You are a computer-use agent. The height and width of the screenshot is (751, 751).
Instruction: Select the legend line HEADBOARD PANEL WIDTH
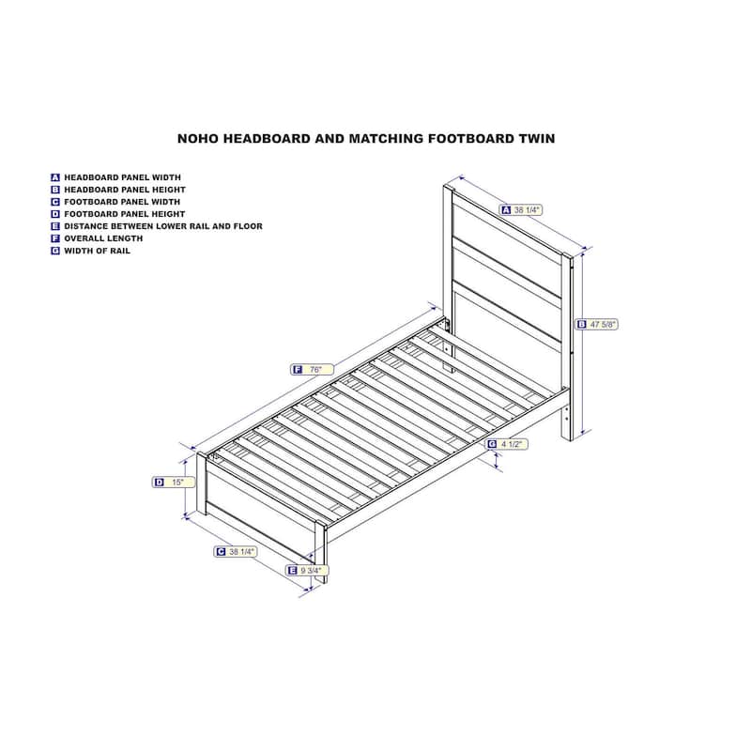[x=123, y=177]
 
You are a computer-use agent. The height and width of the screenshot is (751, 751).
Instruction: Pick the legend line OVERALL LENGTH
[x=103, y=238]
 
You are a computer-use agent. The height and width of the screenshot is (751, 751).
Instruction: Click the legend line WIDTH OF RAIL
[x=98, y=251]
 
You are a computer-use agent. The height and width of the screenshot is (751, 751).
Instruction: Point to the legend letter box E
[x=55, y=226]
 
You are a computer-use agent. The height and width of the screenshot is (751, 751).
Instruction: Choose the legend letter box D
[x=55, y=214]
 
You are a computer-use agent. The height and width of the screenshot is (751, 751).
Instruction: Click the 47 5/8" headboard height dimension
[x=597, y=324]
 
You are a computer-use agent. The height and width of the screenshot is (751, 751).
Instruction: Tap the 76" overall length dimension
[x=312, y=369]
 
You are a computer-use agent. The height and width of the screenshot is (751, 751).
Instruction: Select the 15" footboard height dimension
[x=174, y=483]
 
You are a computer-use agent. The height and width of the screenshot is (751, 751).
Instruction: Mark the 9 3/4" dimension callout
[x=307, y=571]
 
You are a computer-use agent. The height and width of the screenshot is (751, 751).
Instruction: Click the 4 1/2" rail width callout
[x=507, y=444]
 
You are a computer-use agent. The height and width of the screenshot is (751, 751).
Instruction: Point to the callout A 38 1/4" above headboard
[x=521, y=209]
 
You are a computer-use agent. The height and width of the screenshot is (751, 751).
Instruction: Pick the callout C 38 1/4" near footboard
[x=236, y=552]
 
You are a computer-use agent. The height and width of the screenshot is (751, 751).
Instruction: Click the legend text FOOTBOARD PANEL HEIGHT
[x=125, y=214]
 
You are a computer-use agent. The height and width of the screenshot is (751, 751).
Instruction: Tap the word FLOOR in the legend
[x=248, y=226]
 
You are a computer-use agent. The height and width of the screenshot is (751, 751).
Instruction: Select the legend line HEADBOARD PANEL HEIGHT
[x=125, y=190]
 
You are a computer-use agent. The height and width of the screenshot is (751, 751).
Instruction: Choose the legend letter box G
[x=55, y=251]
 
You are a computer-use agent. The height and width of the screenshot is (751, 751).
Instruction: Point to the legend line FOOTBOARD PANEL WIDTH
[x=122, y=202]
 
